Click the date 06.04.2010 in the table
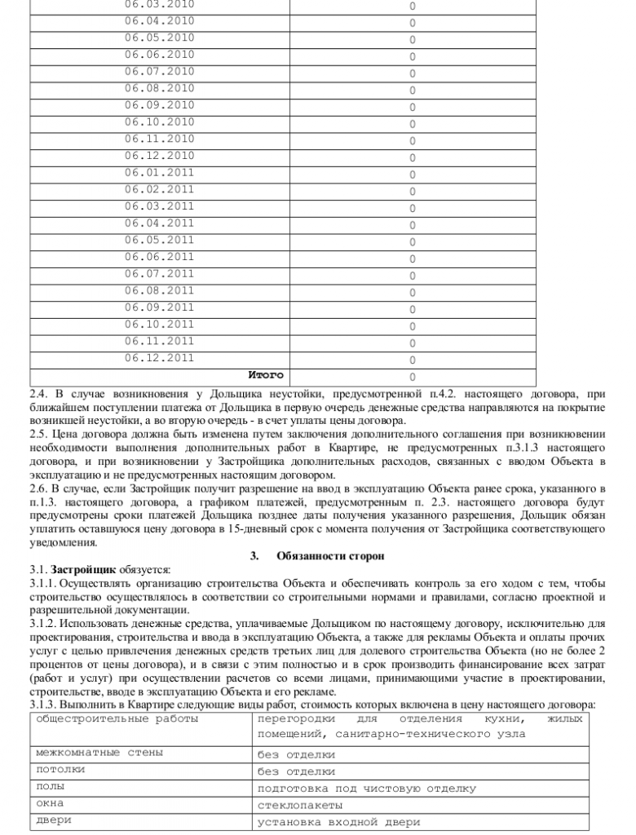pos(159,20)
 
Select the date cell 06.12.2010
pos(159,155)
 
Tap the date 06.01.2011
pos(159,172)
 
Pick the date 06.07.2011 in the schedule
pos(159,273)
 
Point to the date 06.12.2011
pos(159,357)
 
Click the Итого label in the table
pos(266,375)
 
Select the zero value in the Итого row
pos(412,377)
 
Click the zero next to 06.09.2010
pos(412,107)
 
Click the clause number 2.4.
pos(38,393)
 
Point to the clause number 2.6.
pos(38,486)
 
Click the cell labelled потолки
pos(60,769)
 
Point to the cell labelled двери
pos(54,820)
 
